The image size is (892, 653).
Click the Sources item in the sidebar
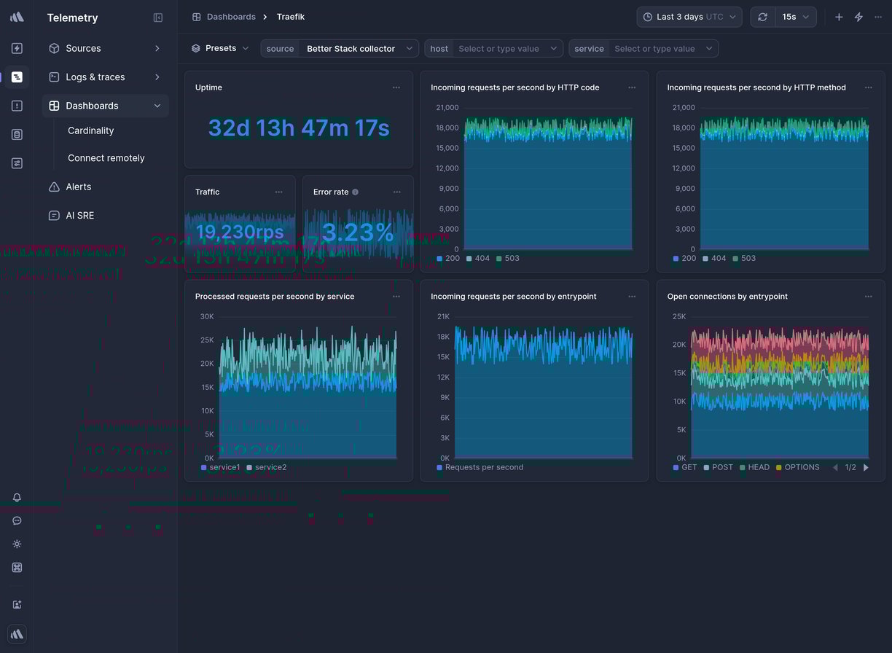coord(83,48)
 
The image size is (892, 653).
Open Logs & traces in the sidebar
coord(95,77)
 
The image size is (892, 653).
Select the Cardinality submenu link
coord(90,130)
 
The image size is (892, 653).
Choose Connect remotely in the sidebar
coord(106,158)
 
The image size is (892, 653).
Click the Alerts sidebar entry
coord(78,187)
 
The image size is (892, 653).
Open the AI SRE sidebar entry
coord(79,216)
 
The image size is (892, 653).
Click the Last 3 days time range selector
coord(689,17)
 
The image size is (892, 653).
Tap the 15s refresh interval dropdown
coord(795,17)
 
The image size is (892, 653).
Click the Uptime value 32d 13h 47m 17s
coord(299,128)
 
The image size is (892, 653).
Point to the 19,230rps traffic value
coord(240,232)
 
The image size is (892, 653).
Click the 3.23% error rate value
coord(357,232)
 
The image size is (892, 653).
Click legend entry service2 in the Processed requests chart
coord(270,467)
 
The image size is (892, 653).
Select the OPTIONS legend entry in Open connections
coord(802,467)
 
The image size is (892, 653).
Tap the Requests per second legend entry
coord(484,467)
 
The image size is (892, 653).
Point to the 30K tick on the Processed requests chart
coord(207,316)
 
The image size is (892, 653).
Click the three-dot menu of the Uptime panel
coord(396,87)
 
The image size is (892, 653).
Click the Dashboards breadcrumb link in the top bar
coord(230,17)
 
